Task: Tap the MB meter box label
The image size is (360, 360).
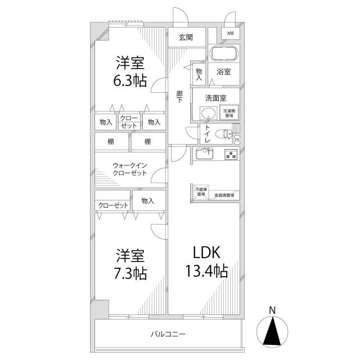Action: (x=231, y=34)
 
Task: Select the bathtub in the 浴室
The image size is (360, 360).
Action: (x=224, y=55)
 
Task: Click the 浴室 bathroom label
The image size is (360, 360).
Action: (x=224, y=72)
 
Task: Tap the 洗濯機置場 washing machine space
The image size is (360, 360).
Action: (x=229, y=113)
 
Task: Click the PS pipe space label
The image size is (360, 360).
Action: (x=237, y=139)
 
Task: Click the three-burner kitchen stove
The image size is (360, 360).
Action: (x=231, y=154)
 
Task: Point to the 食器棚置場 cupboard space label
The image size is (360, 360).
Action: (x=224, y=195)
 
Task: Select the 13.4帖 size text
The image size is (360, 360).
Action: (x=206, y=272)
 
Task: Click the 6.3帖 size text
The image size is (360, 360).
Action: (x=131, y=80)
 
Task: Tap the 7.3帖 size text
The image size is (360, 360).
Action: (x=131, y=273)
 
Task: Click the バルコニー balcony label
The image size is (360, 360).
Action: (x=168, y=334)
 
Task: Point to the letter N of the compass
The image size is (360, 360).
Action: (x=272, y=309)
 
